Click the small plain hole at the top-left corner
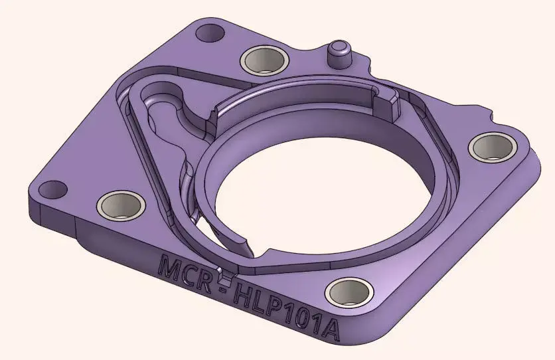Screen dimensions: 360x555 coord(212,31)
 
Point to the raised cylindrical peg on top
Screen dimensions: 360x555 coord(339,52)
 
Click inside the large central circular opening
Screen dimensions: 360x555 coord(325,193)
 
